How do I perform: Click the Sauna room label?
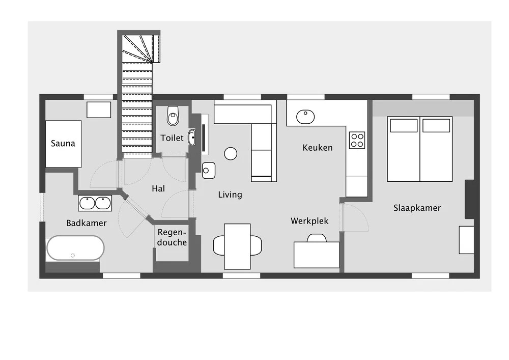(x=63, y=143)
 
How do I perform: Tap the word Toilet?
(x=172, y=138)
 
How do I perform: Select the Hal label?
(x=158, y=188)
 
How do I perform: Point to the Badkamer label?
(x=87, y=223)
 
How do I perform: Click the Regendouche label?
(x=172, y=237)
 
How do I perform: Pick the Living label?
(x=230, y=195)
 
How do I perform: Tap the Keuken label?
(x=318, y=148)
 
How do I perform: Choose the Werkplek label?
(x=309, y=221)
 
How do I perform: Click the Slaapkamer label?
(x=417, y=208)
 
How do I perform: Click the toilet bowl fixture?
(x=173, y=116)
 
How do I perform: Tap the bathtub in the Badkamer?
(x=75, y=248)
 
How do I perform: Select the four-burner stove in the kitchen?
(x=357, y=140)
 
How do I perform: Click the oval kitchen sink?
(x=305, y=117)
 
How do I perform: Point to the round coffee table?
(x=231, y=154)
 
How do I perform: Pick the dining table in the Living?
(x=237, y=246)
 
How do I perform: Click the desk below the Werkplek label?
(x=317, y=255)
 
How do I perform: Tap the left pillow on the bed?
(x=404, y=126)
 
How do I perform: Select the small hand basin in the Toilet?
(x=192, y=137)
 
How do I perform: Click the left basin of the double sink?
(x=87, y=203)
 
